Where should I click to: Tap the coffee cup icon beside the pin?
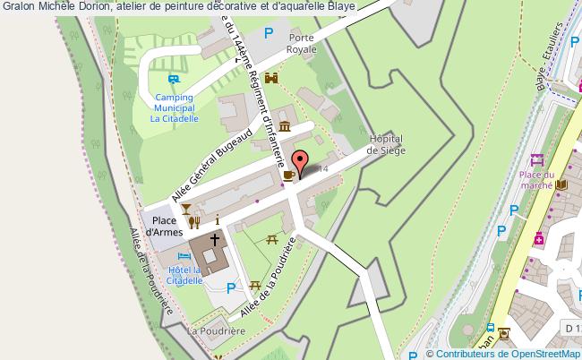[x=288, y=175]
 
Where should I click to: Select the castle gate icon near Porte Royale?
[x=272, y=79]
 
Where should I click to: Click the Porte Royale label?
[x=303, y=45]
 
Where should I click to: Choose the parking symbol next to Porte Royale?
[x=268, y=33]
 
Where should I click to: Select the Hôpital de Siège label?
[x=388, y=143]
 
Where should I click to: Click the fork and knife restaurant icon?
[x=193, y=223]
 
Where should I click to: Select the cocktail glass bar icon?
[x=185, y=209]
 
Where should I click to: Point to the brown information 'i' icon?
[x=217, y=219]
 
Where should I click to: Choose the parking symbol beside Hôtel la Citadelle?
[x=231, y=287]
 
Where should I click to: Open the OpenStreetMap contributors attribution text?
[x=504, y=353]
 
